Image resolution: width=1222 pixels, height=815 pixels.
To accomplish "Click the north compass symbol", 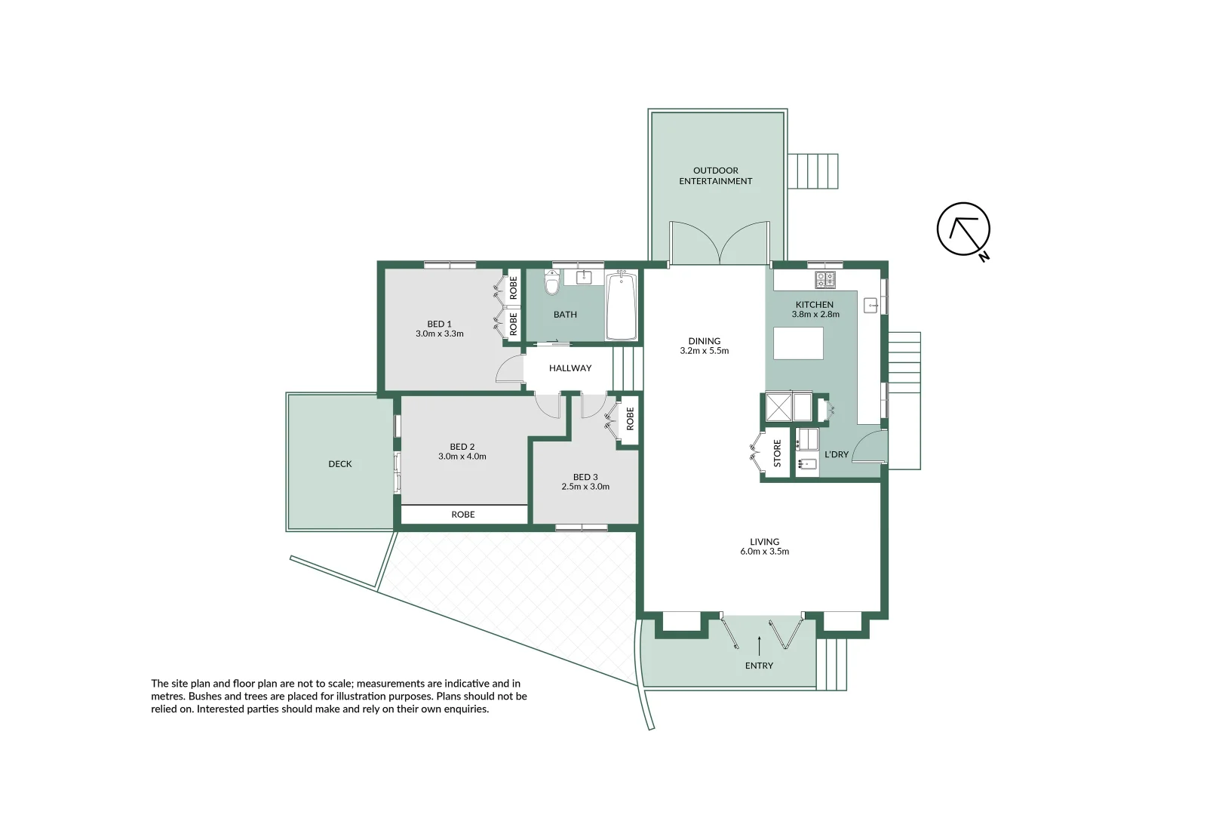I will (963, 229).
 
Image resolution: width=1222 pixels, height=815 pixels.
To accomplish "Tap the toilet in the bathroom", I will (552, 284).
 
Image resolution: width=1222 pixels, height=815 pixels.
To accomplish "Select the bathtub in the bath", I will (622, 307).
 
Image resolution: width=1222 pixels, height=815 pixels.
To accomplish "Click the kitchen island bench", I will (798, 343).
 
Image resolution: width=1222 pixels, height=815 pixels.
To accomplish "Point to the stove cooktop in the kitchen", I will (824, 279).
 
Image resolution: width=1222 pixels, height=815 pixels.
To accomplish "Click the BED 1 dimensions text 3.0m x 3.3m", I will (439, 334).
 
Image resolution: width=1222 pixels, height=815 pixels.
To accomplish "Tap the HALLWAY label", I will (570, 368).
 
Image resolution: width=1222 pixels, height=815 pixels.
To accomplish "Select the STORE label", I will (777, 454).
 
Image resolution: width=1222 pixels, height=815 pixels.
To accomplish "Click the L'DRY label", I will (837, 454).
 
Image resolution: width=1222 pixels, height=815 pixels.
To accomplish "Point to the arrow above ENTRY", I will (759, 645).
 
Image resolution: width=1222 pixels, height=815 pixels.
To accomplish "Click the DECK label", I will (340, 464).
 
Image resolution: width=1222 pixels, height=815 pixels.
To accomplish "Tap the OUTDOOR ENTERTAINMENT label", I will (715, 176).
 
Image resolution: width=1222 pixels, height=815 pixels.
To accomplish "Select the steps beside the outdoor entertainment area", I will (812, 171).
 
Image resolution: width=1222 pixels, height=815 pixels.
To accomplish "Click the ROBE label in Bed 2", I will (463, 515).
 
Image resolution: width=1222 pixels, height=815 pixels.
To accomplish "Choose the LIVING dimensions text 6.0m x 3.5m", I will (764, 552).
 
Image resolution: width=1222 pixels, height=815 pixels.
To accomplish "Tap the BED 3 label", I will (585, 477).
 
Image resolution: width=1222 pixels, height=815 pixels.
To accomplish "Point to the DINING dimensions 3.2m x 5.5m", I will (704, 351).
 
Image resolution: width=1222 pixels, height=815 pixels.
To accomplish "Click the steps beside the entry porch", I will (832, 664).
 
